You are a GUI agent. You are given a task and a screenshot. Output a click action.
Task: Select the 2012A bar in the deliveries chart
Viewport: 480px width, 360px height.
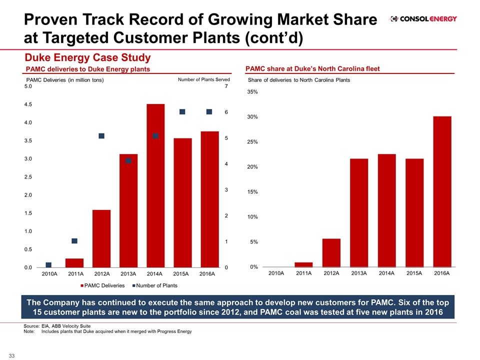101,238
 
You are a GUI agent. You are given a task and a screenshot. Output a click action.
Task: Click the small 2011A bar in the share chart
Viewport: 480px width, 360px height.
303,264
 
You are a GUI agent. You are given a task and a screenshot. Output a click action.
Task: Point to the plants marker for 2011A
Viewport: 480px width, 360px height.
74,241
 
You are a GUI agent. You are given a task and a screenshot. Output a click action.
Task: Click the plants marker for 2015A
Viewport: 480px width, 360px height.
182,111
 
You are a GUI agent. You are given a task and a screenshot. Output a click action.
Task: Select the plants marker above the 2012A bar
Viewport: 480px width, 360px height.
101,136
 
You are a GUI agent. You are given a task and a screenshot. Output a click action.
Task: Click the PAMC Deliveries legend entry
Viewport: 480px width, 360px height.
102,285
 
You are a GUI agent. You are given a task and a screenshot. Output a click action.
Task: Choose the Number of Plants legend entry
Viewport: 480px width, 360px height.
154,285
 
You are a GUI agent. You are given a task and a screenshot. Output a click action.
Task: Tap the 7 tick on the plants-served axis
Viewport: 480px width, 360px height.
226,86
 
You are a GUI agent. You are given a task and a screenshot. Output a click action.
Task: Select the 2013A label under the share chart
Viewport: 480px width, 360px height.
359,273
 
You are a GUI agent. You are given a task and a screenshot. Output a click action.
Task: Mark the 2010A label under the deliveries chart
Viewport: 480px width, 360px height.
49,274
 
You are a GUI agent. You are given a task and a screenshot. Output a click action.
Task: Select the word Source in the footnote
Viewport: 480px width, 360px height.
31,326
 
